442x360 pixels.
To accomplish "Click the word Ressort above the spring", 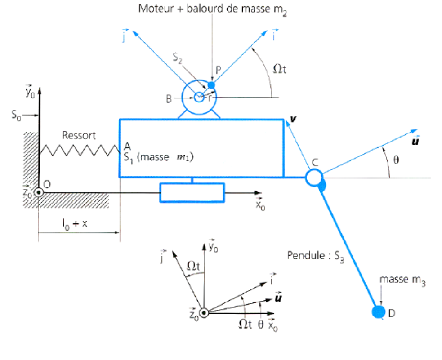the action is point(79,135).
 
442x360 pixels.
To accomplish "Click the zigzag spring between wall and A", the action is point(79,150).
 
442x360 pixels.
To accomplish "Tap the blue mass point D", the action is point(378,312).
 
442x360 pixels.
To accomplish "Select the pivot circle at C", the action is point(314,178).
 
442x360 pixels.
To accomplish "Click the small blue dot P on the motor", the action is point(211,85).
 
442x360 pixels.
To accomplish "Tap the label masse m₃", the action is point(402,280).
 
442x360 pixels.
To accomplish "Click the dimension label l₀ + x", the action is point(75,224).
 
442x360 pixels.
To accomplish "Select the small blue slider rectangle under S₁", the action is point(192,193).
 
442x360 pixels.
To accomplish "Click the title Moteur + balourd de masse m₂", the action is point(213,9).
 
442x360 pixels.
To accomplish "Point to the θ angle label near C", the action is point(396,160).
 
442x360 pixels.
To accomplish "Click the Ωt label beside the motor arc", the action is point(280,69).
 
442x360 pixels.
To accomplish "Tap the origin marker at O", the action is point(39,193).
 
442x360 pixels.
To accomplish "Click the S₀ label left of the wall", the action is point(16,115).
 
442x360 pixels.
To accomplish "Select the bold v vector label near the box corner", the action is point(293,119).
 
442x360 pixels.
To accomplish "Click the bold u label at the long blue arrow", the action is point(415,141).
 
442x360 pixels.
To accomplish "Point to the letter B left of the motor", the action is point(169,99).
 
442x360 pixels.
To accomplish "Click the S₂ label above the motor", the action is point(177,58).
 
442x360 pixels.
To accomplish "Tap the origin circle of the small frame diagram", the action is point(204,313).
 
